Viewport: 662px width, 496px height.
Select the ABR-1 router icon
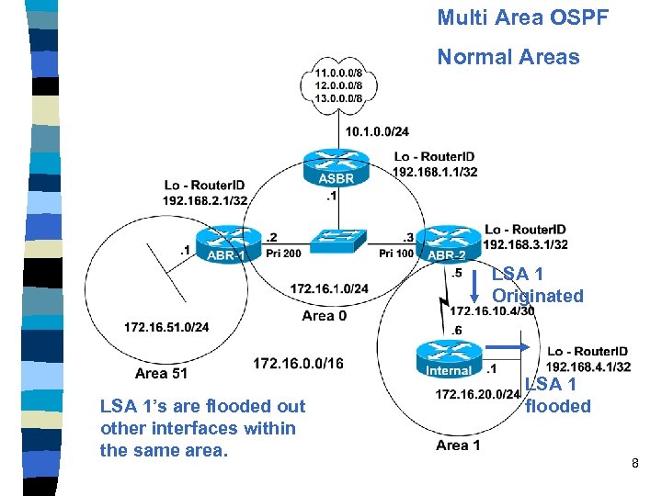pyautogui.click(x=226, y=244)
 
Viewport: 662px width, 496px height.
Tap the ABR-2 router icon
pyautogui.click(x=448, y=244)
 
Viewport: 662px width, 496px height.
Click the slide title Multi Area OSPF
pyautogui.click(x=522, y=17)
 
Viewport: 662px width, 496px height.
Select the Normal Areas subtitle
pyautogui.click(x=508, y=57)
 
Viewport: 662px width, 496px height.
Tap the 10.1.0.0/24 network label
pyautogui.click(x=378, y=131)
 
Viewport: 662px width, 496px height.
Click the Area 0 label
pyautogui.click(x=325, y=316)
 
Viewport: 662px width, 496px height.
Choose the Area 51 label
pyautogui.click(x=161, y=373)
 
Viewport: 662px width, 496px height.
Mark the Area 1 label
pyautogui.click(x=458, y=445)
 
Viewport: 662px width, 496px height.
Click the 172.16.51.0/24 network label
pyautogui.click(x=166, y=327)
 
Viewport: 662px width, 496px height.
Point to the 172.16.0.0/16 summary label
pyautogui.click(x=298, y=364)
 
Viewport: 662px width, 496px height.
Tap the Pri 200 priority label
pyautogui.click(x=280, y=254)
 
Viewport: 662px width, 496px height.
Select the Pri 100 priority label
pyautogui.click(x=396, y=254)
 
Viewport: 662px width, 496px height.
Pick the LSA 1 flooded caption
pyautogui.click(x=557, y=396)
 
